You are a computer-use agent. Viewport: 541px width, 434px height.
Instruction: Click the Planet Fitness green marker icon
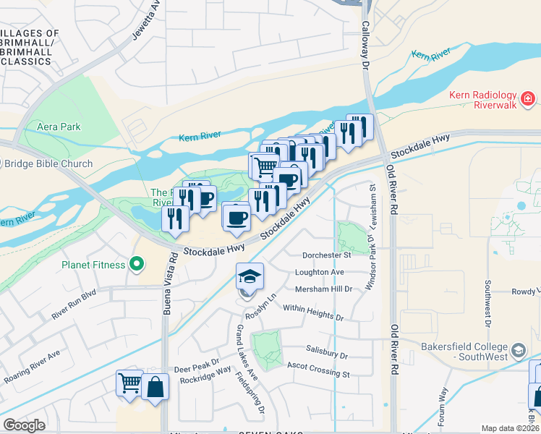point(135,265)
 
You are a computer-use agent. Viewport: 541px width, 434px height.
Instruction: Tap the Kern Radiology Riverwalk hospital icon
point(529,98)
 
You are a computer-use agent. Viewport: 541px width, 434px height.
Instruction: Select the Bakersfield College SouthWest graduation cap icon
point(518,352)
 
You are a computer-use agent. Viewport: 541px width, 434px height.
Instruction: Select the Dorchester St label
point(326,255)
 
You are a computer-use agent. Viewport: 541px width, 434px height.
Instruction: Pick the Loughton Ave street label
point(319,272)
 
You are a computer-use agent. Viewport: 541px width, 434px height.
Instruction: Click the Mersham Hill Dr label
point(323,289)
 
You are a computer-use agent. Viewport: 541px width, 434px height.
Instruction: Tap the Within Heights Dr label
point(312,312)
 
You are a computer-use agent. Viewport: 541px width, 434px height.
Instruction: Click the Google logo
point(24,425)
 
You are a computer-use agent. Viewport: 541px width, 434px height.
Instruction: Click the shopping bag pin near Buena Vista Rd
point(155,387)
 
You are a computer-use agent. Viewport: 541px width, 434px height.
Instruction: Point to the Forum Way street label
point(445,406)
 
